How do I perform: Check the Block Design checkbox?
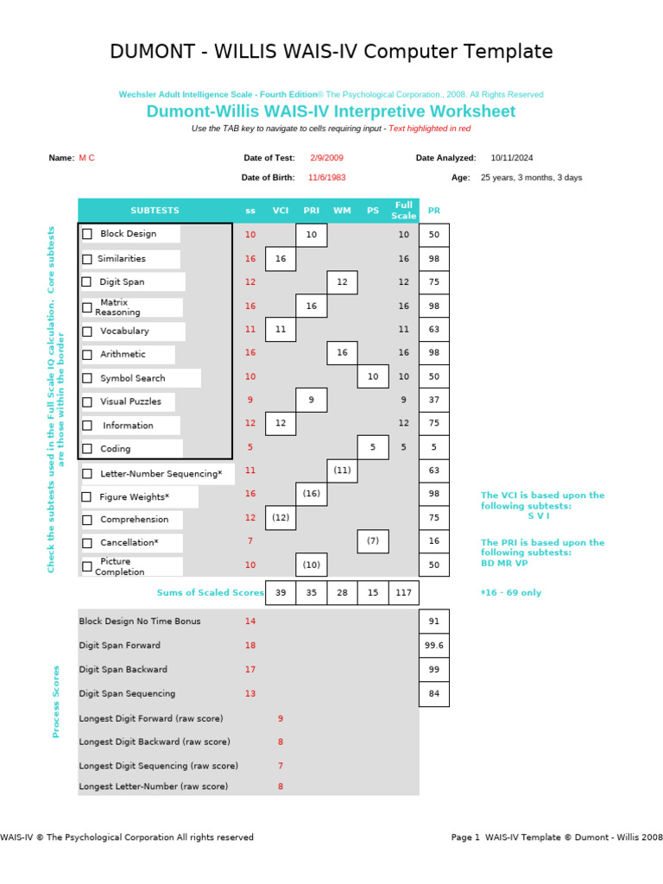coord(87,234)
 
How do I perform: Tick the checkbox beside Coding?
coord(87,449)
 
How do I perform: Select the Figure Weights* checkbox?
coord(87,497)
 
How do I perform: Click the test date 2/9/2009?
coord(326,158)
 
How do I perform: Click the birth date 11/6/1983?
coord(327,178)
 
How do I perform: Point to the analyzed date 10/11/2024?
coord(512,158)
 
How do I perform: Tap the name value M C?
coord(87,158)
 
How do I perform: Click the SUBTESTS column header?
coord(155,211)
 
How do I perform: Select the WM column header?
coord(342,211)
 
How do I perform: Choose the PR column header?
coord(434,211)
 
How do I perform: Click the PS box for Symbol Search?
coord(373,377)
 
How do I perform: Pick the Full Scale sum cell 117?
coord(403,593)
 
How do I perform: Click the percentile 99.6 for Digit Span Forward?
coord(434,645)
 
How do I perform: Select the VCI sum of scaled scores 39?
coord(281,593)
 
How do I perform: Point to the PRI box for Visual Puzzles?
coord(312,401)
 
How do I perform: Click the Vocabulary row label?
coord(124,331)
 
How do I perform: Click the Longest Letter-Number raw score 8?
coord(280,786)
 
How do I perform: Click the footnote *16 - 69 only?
coord(511,593)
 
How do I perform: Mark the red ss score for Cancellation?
coord(250,541)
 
